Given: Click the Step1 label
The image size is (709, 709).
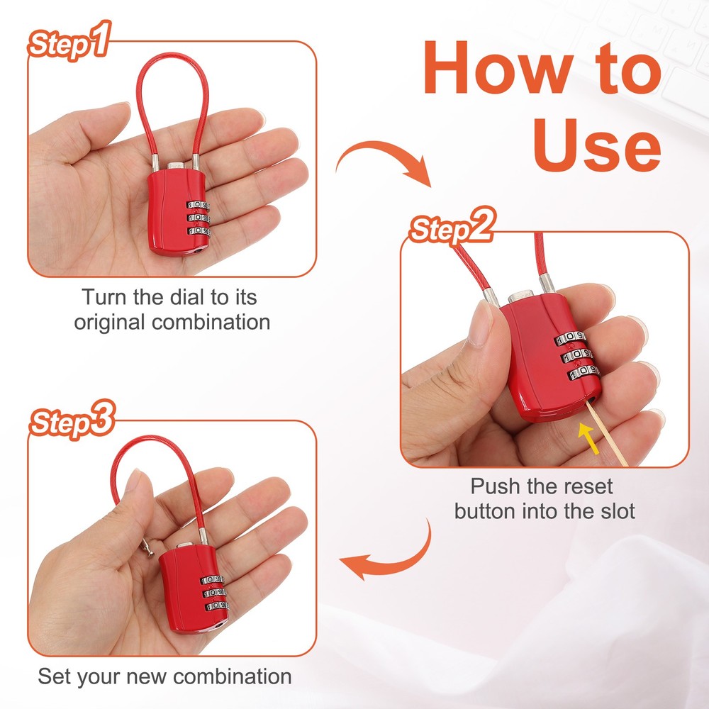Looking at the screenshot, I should pos(69,45).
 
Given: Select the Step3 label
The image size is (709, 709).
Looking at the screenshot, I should pos(72,423).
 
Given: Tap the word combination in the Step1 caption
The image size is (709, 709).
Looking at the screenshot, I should pos(210,322).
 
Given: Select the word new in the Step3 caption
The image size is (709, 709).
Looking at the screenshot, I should pos(165,676).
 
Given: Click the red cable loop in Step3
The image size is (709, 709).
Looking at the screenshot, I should pos(142,461).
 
